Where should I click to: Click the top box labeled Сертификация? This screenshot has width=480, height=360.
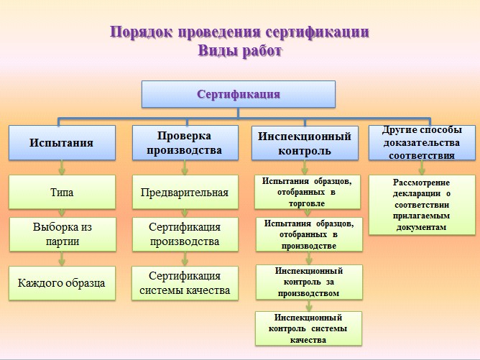coord(239,94)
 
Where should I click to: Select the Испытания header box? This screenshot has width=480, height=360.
coord(62,143)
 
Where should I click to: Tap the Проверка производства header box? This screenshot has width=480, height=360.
coord(185,143)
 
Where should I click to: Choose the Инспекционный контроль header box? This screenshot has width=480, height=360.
coord(305,143)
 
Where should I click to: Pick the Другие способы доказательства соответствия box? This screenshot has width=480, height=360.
coord(422,143)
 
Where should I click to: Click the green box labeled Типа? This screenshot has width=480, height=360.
coord(62,193)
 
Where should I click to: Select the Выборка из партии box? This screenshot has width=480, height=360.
coord(63,234)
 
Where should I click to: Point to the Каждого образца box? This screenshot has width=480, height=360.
coord(62,283)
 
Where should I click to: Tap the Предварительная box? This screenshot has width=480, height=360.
coord(185,193)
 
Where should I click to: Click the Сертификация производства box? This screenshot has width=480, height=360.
coord(185,234)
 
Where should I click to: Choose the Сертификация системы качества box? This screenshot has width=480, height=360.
coord(185,283)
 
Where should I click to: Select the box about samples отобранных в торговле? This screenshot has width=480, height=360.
coord(308,193)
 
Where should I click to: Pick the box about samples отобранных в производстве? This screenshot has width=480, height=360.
coord(309,234)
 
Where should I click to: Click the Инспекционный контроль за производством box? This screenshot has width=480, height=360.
coord(309,282)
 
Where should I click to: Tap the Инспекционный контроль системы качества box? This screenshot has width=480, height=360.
coord(308,328)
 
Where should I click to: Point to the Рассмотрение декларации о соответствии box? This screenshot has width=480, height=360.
coord(422,205)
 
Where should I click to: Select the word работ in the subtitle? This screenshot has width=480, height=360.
coord(262,51)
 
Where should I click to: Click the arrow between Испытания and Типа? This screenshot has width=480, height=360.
coord(62,167)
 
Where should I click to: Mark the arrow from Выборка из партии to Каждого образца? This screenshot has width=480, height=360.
coord(62,259)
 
